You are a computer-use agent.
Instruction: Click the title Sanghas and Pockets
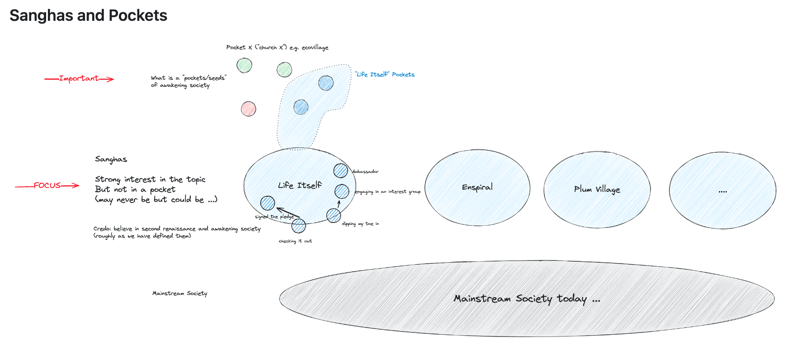(x=88, y=15)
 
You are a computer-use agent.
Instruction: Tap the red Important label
(x=79, y=78)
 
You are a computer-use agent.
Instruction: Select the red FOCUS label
(x=47, y=185)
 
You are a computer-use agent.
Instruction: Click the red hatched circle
(x=248, y=109)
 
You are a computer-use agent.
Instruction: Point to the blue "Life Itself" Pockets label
(x=385, y=74)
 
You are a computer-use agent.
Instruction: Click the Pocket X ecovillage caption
(x=277, y=47)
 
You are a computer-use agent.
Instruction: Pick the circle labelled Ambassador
(x=341, y=171)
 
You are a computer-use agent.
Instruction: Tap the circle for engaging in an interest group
(x=342, y=191)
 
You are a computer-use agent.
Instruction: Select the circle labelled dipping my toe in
(x=334, y=215)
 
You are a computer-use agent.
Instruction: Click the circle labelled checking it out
(x=298, y=225)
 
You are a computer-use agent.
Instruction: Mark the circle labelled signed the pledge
(x=268, y=203)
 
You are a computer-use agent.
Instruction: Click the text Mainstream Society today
(x=527, y=298)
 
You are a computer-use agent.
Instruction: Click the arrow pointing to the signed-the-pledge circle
(x=287, y=213)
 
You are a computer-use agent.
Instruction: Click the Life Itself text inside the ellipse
(x=300, y=185)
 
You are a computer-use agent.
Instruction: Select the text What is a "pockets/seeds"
(x=188, y=78)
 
